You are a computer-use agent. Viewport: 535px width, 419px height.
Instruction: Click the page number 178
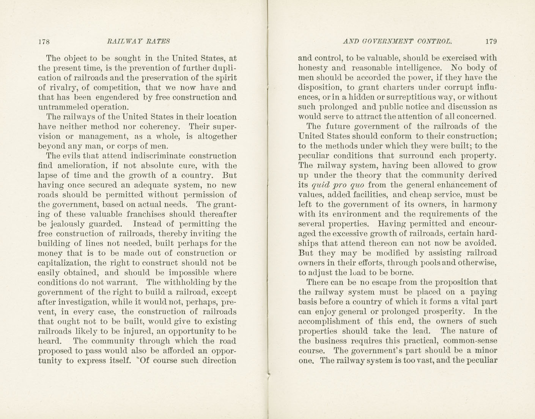tap(44, 42)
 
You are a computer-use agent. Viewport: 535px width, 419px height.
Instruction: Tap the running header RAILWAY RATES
tap(138, 41)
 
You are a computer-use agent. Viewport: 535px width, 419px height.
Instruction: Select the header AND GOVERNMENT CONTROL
tap(397, 41)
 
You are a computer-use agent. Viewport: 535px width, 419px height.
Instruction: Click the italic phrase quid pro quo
tap(338, 185)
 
